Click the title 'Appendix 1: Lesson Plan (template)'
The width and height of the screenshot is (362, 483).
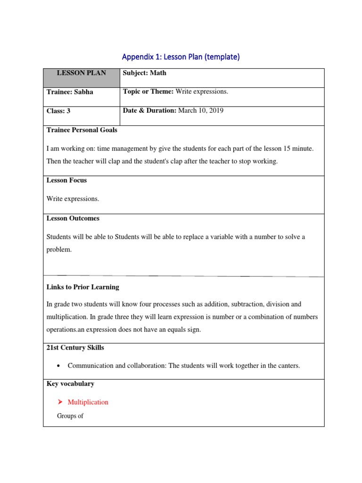(x=181, y=57)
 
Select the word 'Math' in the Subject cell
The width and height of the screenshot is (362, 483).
(x=158, y=73)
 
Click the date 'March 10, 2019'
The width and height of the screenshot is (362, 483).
(x=201, y=111)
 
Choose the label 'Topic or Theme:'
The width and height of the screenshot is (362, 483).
(x=148, y=92)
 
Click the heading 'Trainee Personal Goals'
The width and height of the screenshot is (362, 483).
(x=82, y=130)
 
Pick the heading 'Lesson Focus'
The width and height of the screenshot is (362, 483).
(x=66, y=180)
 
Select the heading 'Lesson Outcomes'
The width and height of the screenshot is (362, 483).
(x=73, y=218)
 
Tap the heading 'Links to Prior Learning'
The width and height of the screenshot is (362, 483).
(x=82, y=287)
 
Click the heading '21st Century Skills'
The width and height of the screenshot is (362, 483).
(x=75, y=348)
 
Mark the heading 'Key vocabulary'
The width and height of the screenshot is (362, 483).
(x=70, y=384)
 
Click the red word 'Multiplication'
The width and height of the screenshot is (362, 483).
(x=88, y=402)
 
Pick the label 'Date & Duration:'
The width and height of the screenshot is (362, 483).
(x=149, y=111)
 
